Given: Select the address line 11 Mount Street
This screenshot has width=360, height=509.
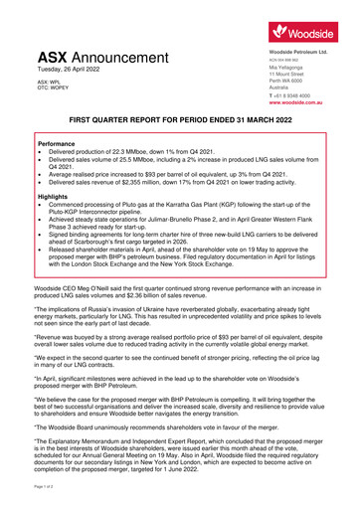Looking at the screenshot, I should tap(283, 74).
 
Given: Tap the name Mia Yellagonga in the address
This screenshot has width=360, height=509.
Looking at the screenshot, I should tap(284, 67).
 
